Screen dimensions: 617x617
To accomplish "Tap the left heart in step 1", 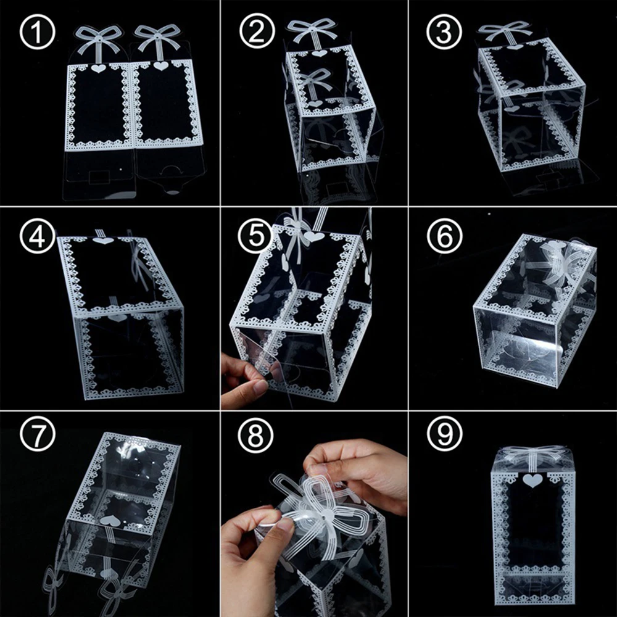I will click(99, 68).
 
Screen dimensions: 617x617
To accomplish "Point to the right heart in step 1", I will click(160, 65).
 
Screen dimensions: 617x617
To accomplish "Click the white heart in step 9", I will click(532, 480).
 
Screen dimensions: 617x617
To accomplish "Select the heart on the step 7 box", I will click(110, 521).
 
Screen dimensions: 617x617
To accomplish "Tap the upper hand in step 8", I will click(358, 469).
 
